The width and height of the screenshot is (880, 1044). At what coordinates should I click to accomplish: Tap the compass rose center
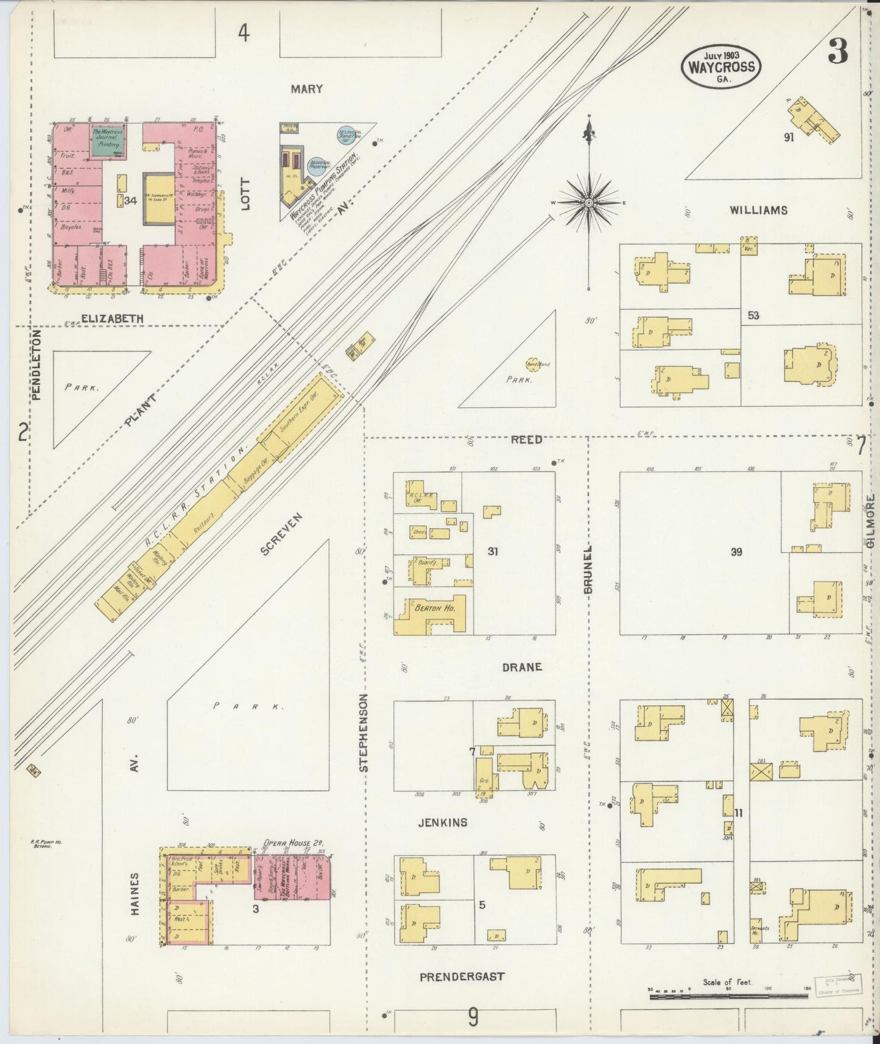coord(590,202)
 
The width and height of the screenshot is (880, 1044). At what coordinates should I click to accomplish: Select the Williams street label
coord(758,210)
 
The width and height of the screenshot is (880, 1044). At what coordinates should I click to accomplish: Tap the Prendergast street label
coord(462,976)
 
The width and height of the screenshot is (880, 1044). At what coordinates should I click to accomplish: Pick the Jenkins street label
coord(443,822)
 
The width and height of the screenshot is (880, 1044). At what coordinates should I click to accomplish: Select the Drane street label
coord(522,667)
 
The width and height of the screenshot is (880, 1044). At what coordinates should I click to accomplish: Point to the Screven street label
coord(281,534)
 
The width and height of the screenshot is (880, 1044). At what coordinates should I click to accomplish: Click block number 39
coord(736,552)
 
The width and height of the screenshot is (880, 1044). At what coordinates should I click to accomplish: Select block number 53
coord(753,316)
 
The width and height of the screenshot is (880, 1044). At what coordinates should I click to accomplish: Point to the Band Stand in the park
coord(535,364)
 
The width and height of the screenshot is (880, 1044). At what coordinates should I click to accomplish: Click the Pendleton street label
coord(36,365)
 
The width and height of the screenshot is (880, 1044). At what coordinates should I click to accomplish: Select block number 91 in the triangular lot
coord(789,138)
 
